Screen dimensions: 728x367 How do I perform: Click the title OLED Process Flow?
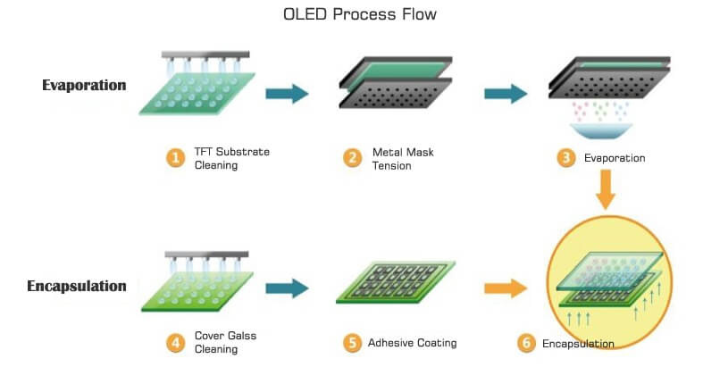tap(360, 14)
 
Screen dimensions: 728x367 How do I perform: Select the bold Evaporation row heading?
tap(84, 86)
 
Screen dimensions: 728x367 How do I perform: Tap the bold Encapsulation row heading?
tap(77, 287)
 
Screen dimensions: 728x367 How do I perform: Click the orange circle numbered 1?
tap(175, 159)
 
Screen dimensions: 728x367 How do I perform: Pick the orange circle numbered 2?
tap(353, 159)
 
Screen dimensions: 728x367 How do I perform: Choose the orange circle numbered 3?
tap(566, 159)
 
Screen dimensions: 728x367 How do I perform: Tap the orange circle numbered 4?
tap(175, 344)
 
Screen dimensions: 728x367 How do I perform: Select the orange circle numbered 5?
tap(353, 344)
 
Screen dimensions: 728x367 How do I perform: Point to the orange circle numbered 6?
tap(526, 344)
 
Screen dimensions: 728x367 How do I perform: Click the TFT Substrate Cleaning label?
tap(231, 159)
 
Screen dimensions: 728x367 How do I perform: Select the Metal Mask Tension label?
tap(403, 159)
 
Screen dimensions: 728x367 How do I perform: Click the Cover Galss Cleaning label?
tap(225, 342)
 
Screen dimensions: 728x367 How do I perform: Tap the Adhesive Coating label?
tap(413, 343)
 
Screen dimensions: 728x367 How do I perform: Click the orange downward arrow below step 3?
tap(606, 189)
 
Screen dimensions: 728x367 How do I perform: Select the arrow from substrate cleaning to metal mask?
tap(287, 94)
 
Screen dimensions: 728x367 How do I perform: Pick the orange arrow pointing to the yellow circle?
tap(506, 288)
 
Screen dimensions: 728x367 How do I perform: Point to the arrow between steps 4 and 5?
tap(287, 288)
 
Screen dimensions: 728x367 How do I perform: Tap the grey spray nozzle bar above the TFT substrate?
tap(205, 54)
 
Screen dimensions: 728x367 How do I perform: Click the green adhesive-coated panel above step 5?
tap(396, 282)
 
